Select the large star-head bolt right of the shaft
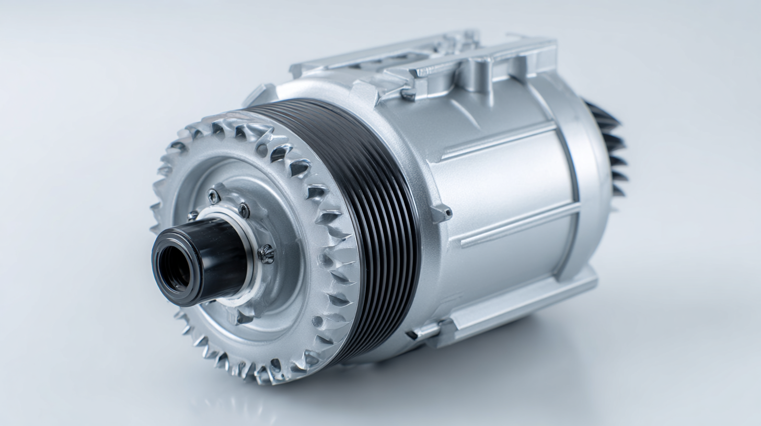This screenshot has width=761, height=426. tap(266, 254)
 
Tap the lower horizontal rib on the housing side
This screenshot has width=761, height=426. tap(517, 224)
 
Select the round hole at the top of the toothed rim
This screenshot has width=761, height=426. tap(261, 150)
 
